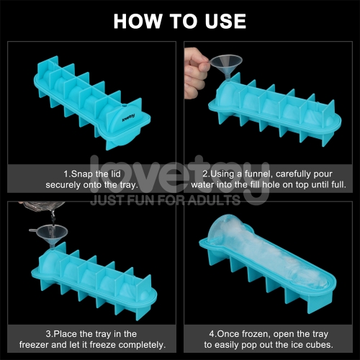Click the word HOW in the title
tap(138, 21)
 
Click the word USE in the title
tap(225, 21)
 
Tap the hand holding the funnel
tap(196, 73)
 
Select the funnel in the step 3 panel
tap(48, 235)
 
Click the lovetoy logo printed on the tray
tap(128, 117)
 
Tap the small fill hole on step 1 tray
tap(124, 105)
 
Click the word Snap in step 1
tap(82, 174)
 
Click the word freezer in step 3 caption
tap(34, 345)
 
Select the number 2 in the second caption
tap(205, 174)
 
